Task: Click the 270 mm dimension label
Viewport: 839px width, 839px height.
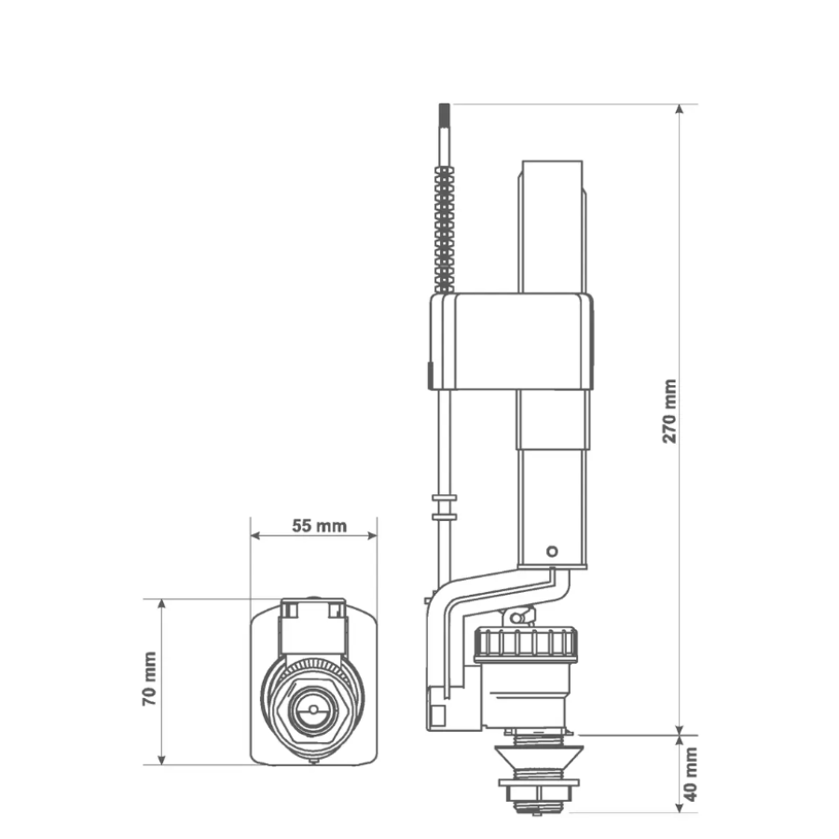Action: click(669, 411)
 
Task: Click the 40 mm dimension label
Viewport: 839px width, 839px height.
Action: click(691, 775)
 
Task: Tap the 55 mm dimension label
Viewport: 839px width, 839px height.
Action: click(319, 526)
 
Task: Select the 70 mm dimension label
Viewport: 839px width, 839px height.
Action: click(149, 679)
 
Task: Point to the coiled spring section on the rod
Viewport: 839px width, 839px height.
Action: click(445, 229)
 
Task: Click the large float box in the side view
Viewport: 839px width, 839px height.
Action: click(512, 341)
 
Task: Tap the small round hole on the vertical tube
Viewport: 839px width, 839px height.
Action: click(552, 551)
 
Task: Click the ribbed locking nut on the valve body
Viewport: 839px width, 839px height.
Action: click(526, 642)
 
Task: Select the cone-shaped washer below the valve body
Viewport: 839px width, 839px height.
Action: click(539, 757)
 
